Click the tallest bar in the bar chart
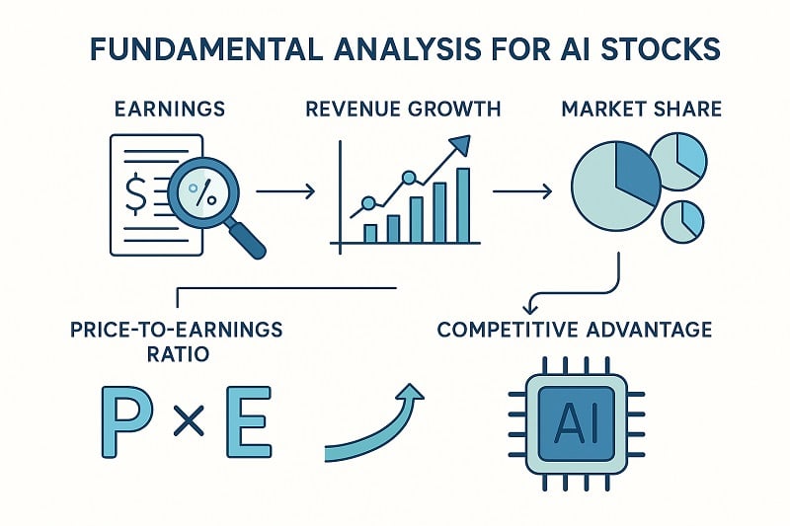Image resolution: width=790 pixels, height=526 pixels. (463, 204)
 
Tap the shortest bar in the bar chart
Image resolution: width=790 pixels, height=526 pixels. (370, 233)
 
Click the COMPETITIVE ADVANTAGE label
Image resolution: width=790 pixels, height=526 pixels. (574, 329)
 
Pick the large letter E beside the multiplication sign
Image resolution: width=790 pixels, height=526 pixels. (245, 422)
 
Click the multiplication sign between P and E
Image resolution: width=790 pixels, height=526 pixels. (187, 425)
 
